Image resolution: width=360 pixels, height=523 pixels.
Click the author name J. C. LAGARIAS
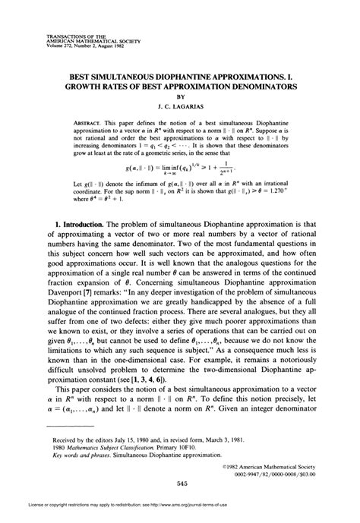pos(180,108)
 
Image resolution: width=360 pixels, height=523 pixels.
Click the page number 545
pos(180,484)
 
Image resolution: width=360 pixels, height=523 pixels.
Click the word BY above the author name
pos(180,97)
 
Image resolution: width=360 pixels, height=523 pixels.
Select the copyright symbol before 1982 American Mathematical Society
pos(228,465)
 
